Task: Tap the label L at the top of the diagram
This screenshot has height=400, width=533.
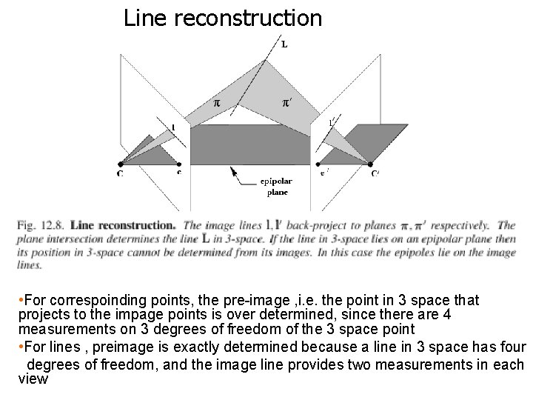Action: [x=284, y=44]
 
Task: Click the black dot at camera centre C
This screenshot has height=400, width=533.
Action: [x=121, y=163]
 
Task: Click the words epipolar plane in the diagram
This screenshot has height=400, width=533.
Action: [x=277, y=187]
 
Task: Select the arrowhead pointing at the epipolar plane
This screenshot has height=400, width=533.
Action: [x=233, y=170]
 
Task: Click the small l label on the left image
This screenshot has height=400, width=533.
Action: [x=173, y=127]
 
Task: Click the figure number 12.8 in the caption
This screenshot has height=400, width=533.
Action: [x=52, y=224]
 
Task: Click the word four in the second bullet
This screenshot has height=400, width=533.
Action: [x=512, y=347]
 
